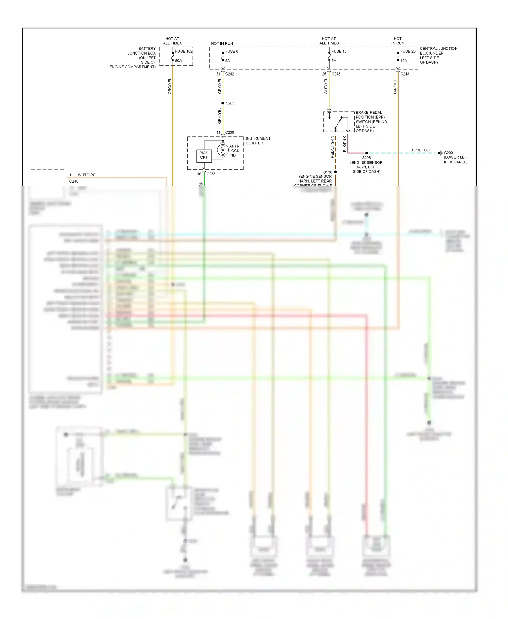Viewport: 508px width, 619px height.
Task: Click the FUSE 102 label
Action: point(184,51)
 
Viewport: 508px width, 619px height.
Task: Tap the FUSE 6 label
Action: point(232,51)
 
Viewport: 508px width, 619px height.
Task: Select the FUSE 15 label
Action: point(339,51)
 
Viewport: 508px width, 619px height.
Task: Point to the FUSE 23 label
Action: point(408,51)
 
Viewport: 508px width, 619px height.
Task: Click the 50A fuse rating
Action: point(178,61)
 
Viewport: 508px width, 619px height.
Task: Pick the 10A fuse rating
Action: point(404,61)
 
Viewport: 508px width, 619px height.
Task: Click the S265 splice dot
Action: point(223,103)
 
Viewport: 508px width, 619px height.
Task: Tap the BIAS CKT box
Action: point(204,155)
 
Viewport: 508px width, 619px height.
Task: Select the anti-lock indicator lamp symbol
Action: point(223,150)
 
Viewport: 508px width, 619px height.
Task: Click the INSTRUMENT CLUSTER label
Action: point(258,141)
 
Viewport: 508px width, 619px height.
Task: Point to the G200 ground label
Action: point(448,153)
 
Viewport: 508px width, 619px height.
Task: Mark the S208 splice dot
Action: point(366,153)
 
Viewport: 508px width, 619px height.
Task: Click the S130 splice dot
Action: point(335,172)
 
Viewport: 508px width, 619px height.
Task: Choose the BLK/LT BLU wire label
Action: point(421,150)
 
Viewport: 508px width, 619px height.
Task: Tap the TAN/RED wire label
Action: point(395,87)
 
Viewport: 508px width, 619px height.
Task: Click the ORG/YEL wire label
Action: point(170,86)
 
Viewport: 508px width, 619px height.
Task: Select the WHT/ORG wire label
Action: point(87,175)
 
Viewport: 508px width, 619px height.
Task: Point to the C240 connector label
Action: point(74,181)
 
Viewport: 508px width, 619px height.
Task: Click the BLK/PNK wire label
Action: point(345,144)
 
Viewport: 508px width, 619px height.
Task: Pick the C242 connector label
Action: point(230,74)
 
